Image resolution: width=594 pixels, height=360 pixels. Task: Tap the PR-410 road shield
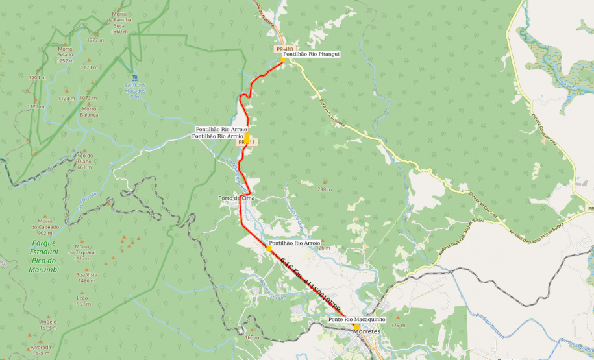coord(284,49)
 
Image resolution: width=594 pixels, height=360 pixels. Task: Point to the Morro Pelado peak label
coord(65,54)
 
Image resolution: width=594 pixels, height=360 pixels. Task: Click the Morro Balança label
coord(88,112)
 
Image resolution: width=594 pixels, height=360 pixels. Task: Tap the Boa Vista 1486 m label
coord(82,277)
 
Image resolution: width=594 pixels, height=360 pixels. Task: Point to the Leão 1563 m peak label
coord(82,300)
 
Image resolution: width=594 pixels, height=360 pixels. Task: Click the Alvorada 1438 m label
coord(41,350)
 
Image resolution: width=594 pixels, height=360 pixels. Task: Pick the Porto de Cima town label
coord(235,198)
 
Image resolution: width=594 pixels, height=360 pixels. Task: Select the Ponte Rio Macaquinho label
coord(356,320)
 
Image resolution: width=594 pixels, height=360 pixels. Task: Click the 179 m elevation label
coord(398,325)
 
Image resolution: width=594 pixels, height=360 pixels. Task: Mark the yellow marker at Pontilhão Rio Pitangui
coord(282,60)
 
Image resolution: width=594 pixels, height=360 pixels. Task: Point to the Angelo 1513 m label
coord(48,324)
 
